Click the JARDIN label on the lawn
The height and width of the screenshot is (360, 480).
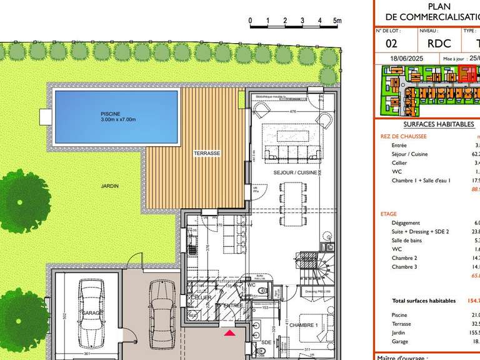tap(110, 186)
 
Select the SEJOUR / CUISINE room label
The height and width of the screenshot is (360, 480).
tap(292, 171)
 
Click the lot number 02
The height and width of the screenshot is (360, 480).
tap(391, 44)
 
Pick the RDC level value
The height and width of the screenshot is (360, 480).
tap(438, 44)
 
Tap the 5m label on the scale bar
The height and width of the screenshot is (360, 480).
tap(337, 21)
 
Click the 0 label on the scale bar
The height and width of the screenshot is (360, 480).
tap(250, 21)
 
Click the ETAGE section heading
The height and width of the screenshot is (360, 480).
tap(388, 214)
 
